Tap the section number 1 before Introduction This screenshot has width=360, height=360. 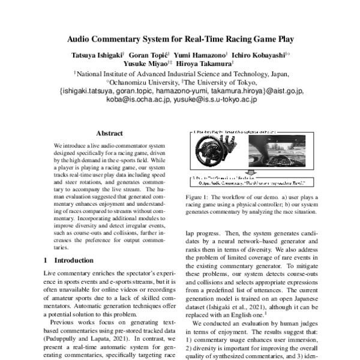click(x=47, y=260)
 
